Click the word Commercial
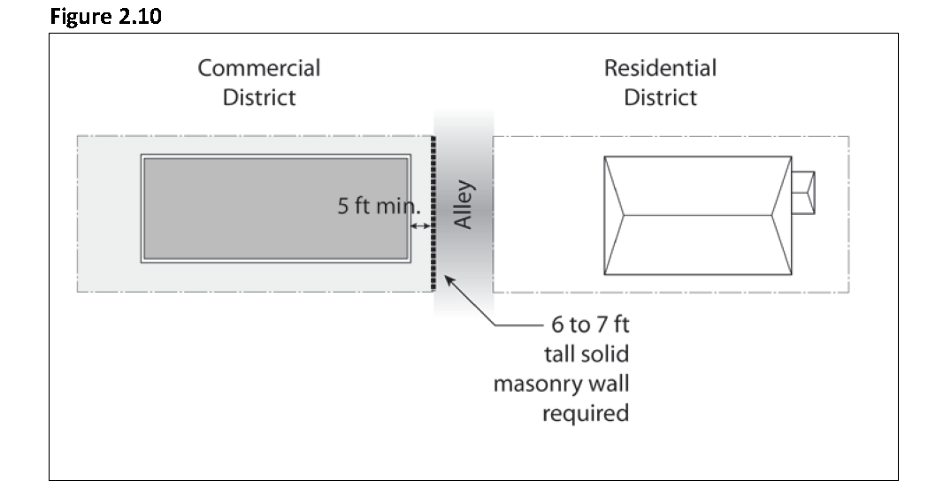(x=258, y=68)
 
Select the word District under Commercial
(x=258, y=96)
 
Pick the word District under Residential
(x=660, y=96)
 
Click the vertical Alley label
(x=464, y=206)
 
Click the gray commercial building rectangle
(x=265, y=208)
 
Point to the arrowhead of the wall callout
(x=449, y=281)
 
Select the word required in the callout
(x=586, y=412)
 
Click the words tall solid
(x=586, y=355)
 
